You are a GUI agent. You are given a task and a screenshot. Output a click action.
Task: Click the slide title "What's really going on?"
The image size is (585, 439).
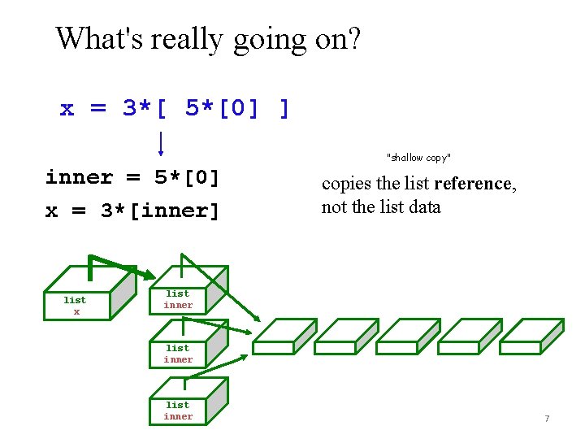208,38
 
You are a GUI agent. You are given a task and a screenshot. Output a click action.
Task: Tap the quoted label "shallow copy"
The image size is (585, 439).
418,157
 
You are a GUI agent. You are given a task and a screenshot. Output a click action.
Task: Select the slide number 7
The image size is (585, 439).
547,419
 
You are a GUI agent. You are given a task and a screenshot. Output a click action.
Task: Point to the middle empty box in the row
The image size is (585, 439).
407,337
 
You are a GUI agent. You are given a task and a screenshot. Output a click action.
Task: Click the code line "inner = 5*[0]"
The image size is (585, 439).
132,177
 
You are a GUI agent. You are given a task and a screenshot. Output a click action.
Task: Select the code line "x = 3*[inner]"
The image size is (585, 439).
132,211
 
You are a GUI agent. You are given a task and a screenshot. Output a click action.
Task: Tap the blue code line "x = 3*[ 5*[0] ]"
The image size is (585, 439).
175,108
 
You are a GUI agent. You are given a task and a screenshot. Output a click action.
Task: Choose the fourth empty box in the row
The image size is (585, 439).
469,337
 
